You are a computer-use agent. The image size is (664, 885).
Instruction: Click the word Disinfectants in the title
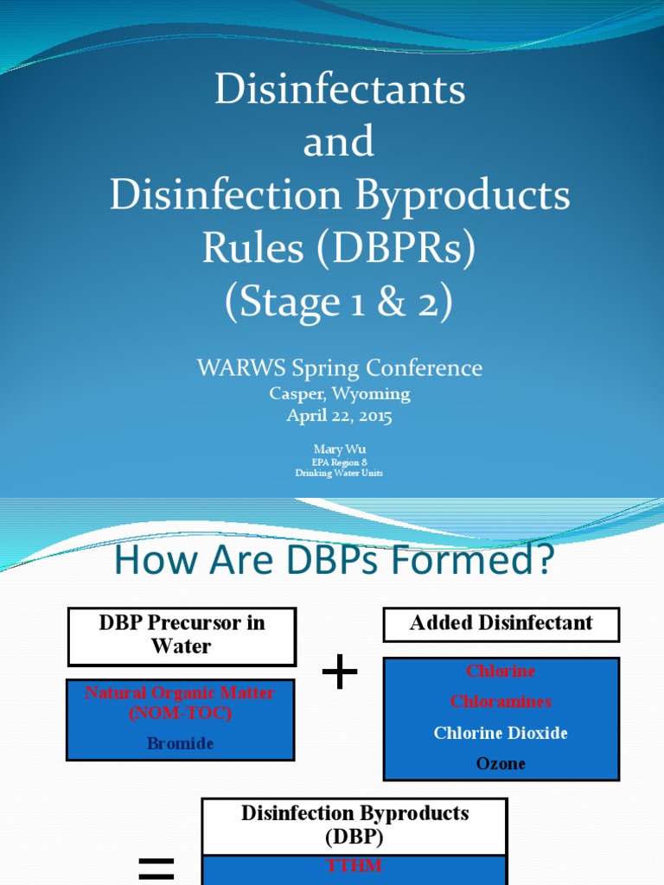340,90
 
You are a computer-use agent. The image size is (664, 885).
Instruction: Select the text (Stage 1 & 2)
340,302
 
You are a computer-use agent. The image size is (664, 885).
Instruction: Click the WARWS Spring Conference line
340,368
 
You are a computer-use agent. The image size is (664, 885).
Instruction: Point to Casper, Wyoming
340,394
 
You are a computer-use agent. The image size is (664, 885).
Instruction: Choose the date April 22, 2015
340,416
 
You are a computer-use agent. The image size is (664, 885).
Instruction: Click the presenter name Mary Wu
340,449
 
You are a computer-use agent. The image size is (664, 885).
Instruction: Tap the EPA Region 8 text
340,462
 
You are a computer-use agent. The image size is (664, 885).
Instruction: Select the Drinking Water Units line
340,473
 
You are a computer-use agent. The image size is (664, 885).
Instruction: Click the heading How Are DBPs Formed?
333,560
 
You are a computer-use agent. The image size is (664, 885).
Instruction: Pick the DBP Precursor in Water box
182,634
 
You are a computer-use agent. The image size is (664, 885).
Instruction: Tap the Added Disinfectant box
501,624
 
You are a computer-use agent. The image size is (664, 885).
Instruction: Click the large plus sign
340,672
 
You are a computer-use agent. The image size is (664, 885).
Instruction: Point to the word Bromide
180,743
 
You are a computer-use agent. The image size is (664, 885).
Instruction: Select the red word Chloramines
501,702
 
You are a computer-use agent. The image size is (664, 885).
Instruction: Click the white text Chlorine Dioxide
501,733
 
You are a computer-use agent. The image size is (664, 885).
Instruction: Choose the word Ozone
501,763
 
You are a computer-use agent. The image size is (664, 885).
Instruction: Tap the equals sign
156,868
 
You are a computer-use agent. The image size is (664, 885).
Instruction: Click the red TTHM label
354,866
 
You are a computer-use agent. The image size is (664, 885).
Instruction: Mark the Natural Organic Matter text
180,693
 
